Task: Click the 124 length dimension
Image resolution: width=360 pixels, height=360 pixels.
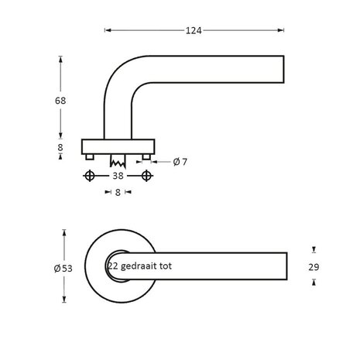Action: pyautogui.click(x=194, y=31)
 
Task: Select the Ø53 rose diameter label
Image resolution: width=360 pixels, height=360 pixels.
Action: pyautogui.click(x=63, y=268)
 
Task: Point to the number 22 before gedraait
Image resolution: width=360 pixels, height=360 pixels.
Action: pyautogui.click(x=113, y=266)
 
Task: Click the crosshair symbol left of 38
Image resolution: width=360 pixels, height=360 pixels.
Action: pyautogui.click(x=90, y=177)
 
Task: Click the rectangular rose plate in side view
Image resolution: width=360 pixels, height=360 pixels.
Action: pyautogui.click(x=118, y=146)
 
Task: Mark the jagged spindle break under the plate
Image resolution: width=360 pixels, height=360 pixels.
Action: pyautogui.click(x=118, y=163)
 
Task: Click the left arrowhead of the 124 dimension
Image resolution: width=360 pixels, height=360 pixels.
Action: pyautogui.click(x=106, y=31)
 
